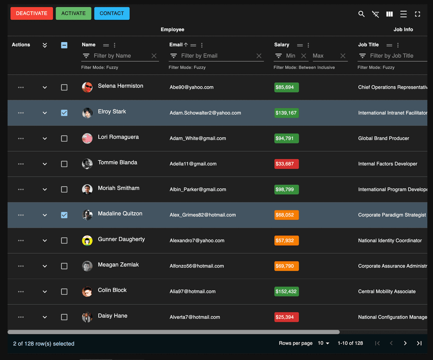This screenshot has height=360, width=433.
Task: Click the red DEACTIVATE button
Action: pyautogui.click(x=32, y=13)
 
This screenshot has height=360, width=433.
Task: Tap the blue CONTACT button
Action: pyautogui.click(x=112, y=13)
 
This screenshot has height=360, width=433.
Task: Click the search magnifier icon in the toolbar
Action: pyautogui.click(x=361, y=14)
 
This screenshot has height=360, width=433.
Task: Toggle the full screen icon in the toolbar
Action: pyautogui.click(x=417, y=14)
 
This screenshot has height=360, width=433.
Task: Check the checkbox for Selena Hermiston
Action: pyautogui.click(x=64, y=87)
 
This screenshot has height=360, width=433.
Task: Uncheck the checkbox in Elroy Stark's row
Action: pyautogui.click(x=64, y=113)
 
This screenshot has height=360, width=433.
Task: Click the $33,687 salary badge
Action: pyautogui.click(x=286, y=164)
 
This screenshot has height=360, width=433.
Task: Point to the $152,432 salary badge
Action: pyautogui.click(x=286, y=291)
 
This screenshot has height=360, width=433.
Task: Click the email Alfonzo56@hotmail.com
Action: pyautogui.click(x=196, y=266)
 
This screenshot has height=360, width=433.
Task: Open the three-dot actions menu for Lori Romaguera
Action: pyautogui.click(x=21, y=138)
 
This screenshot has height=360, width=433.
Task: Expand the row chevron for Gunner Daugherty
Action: pyautogui.click(x=45, y=241)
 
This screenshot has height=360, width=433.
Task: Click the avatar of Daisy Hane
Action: pyautogui.click(x=87, y=317)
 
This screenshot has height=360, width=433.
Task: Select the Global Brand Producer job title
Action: pyautogui.click(x=383, y=138)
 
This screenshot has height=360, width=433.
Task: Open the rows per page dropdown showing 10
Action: pyautogui.click(x=324, y=343)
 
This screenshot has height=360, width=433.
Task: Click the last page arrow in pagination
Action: pyautogui.click(x=419, y=343)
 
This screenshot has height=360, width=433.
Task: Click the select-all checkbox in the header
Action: pyautogui.click(x=64, y=45)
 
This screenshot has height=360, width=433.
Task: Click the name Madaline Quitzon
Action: pyautogui.click(x=120, y=214)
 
